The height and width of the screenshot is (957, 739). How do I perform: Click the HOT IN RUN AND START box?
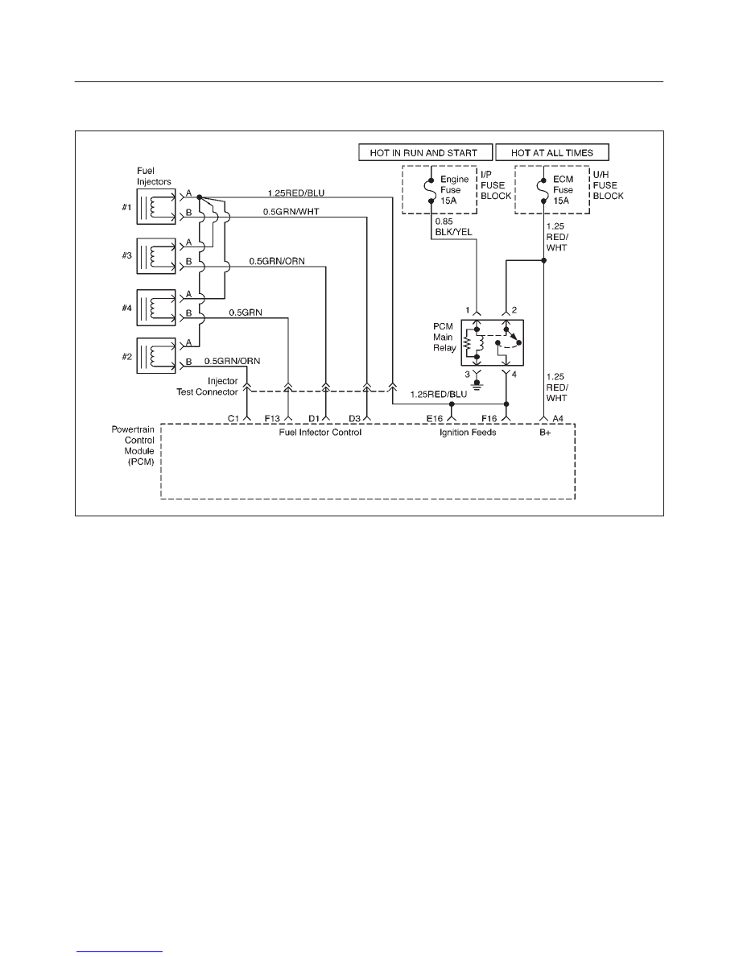[426, 152]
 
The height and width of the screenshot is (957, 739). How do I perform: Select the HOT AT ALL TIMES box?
[551, 152]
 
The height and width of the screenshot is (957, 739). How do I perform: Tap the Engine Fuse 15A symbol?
[431, 190]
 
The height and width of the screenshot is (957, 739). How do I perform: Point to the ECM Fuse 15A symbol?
[543, 190]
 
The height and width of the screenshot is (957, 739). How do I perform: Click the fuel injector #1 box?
[156, 206]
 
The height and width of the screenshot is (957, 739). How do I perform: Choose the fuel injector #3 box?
[156, 256]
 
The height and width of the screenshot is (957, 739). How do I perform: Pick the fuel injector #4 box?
[156, 308]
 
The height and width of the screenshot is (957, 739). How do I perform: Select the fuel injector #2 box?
[156, 356]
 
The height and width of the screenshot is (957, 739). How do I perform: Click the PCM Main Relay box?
[493, 343]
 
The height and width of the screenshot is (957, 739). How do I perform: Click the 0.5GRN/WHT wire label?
[291, 212]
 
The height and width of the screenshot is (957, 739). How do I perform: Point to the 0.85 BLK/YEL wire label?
[453, 226]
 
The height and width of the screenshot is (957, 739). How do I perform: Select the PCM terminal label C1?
[233, 419]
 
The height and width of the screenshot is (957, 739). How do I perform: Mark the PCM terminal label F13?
[272, 419]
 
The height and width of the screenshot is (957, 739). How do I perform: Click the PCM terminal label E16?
[434, 419]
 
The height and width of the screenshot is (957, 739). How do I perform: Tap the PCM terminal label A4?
[558, 419]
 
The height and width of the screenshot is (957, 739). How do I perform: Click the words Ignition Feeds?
[468, 432]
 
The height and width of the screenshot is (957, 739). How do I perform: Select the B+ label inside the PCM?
[544, 432]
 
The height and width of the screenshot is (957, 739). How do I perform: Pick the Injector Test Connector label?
[208, 387]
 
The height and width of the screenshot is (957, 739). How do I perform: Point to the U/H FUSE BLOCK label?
[609, 185]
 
